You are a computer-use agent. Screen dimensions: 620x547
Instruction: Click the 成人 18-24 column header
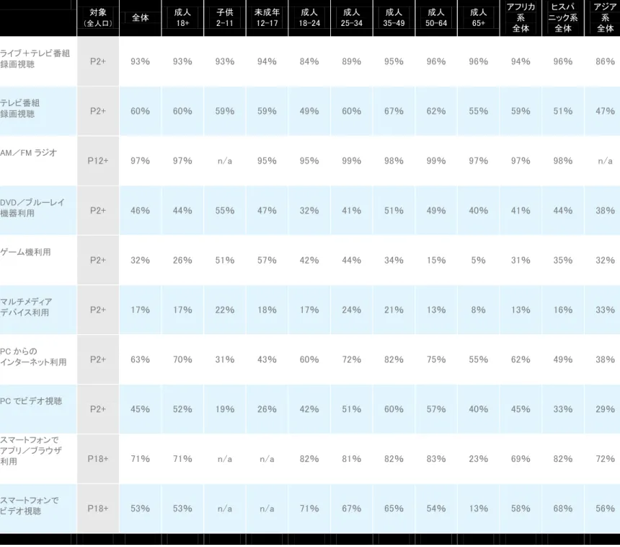pos(309,18)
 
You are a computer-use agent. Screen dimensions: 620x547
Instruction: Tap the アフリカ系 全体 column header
pos(521,18)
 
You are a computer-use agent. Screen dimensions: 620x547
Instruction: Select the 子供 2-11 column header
pos(225,18)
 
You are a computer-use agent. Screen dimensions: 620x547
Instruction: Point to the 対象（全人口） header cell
pos(98,18)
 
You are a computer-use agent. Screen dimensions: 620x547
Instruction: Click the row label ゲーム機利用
pos(25,252)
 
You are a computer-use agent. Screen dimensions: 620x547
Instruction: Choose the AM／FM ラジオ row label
pos(28,153)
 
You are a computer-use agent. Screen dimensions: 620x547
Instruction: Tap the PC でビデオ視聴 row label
pos(31,401)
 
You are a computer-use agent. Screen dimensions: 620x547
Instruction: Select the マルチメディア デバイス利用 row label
pos(26,307)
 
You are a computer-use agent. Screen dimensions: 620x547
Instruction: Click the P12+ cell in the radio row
pos(98,161)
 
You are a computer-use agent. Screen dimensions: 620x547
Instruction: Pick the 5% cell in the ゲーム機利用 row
pos(478,260)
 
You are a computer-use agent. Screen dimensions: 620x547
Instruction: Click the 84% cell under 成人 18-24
pos(309,61)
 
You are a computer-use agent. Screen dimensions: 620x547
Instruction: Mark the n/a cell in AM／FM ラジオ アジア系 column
pos(605,161)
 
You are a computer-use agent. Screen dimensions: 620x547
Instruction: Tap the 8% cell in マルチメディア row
pos(478,310)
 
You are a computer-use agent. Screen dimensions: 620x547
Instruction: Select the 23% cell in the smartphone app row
pos(478,459)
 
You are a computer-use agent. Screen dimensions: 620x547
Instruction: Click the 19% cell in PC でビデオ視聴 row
pos(225,409)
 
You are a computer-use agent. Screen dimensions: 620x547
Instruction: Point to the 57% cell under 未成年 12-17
pos(267,260)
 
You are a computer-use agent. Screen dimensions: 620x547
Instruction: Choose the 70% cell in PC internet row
pos(182,359)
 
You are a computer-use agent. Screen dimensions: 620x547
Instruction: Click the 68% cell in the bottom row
pos(562,508)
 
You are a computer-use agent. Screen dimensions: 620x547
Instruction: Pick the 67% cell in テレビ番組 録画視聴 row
pos(394,111)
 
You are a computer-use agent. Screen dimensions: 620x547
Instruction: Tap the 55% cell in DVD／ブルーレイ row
pos(225,211)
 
